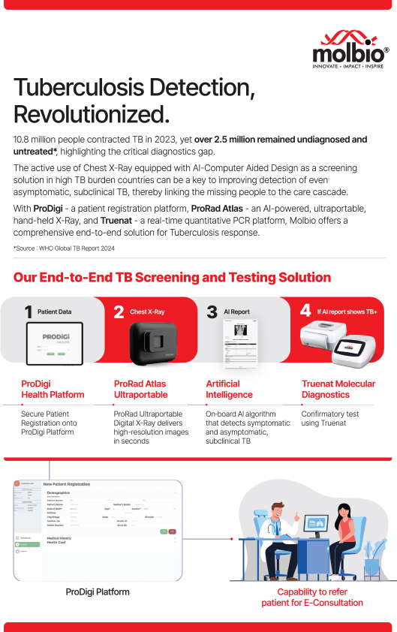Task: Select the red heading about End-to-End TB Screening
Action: click(172, 278)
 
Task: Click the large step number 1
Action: click(29, 311)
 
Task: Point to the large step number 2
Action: click(119, 311)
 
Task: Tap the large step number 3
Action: click(212, 311)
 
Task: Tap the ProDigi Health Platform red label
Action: click(53, 389)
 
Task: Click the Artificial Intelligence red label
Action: click(229, 389)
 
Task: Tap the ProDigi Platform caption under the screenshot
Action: click(98, 591)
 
